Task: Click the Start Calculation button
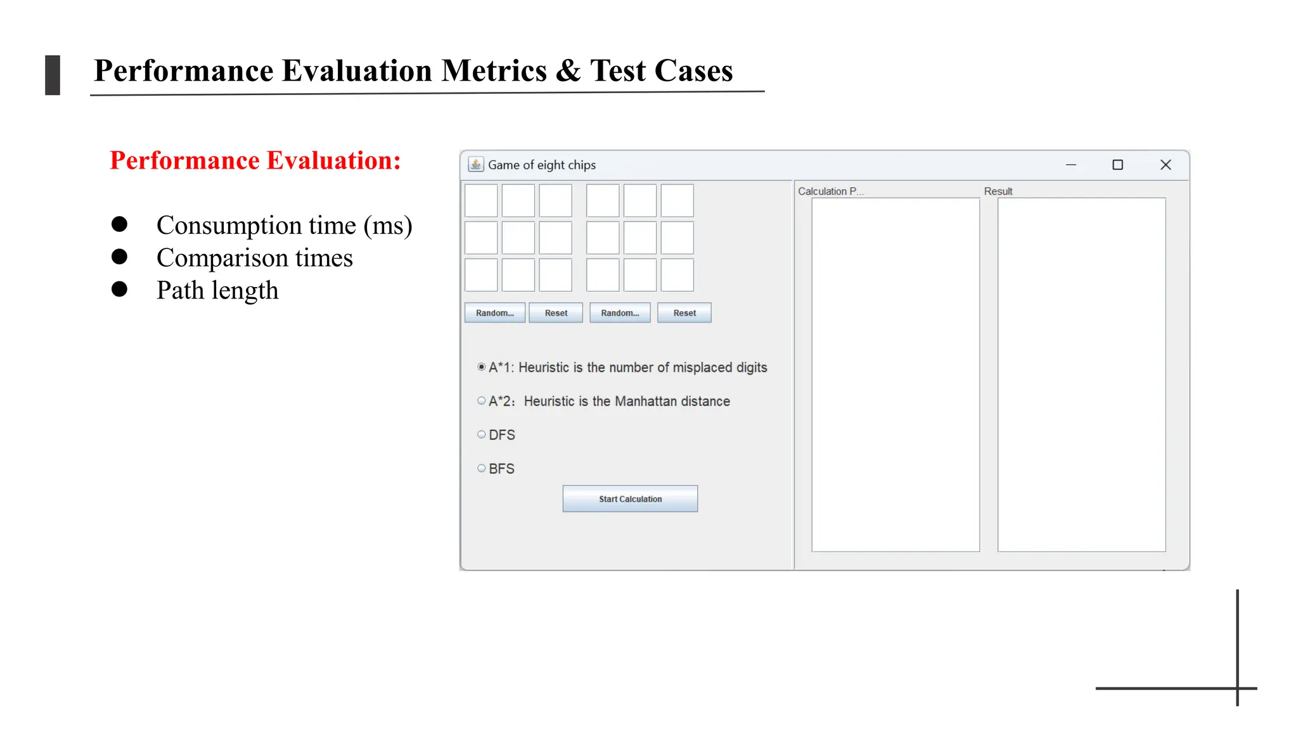pos(630,499)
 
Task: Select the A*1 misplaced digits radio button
pos(482,367)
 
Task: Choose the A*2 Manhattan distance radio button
pos(482,400)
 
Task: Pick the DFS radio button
pos(482,435)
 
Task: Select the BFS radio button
pos(482,468)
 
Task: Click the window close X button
pos(1165,165)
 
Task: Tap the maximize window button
pos(1117,165)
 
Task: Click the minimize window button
pos(1071,165)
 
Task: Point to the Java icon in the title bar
pos(475,165)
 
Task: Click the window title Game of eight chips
pos(542,165)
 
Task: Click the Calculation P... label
pos(830,191)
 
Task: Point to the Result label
pos(998,191)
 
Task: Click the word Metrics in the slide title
pos(494,71)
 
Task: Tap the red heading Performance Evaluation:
pos(255,161)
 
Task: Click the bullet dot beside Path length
pos(119,290)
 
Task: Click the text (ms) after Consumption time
pos(388,226)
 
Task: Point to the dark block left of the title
pos(53,75)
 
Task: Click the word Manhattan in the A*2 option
pos(646,401)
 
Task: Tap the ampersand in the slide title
pos(568,71)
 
